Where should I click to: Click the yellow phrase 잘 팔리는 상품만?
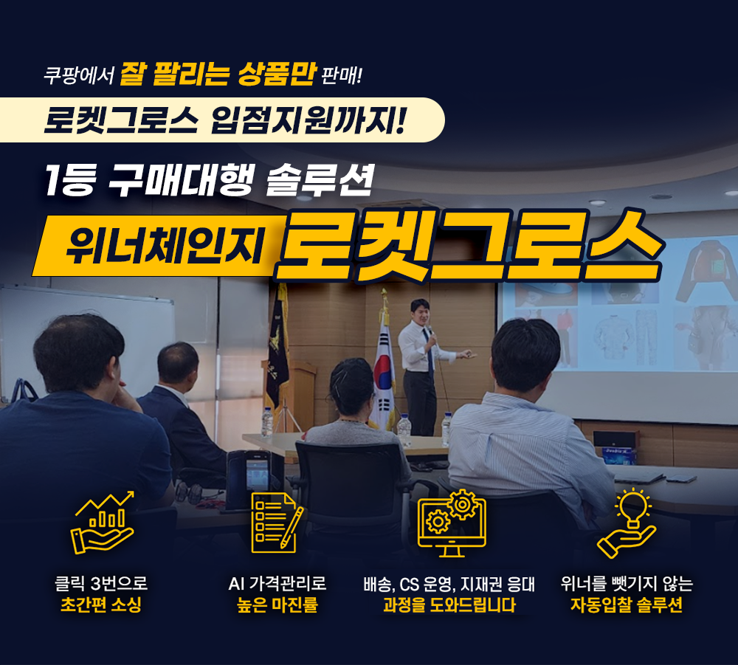(218, 75)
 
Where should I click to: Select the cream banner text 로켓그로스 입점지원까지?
(224, 120)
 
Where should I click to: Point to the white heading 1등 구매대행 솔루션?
(210, 180)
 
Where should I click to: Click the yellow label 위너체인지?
(164, 245)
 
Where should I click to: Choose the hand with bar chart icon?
(103, 523)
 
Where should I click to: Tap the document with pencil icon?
(277, 523)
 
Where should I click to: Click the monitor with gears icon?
(452, 523)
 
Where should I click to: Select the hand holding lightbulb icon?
(627, 523)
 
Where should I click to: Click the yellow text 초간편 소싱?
(101, 604)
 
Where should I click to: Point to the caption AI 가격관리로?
(277, 584)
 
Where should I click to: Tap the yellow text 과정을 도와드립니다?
(449, 604)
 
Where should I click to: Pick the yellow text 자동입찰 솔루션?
(627, 604)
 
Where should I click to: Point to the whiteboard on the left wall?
(87, 334)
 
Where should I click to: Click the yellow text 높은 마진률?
(277, 604)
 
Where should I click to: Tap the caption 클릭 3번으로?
(101, 584)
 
